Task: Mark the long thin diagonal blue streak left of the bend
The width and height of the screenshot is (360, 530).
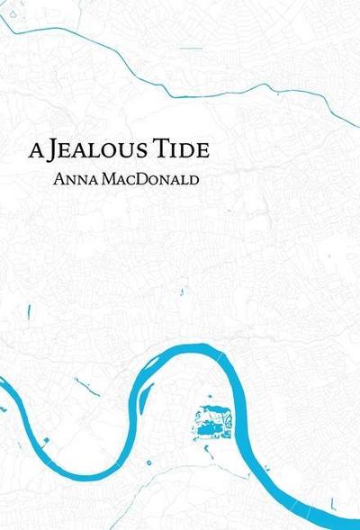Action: click(87, 388)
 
